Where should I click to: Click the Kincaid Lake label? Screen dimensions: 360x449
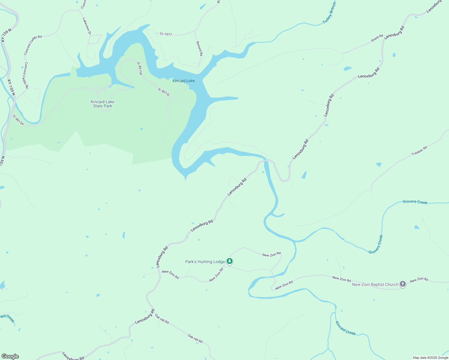pyautogui.click(x=183, y=81)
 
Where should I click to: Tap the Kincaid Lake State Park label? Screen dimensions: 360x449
pyautogui.click(x=103, y=104)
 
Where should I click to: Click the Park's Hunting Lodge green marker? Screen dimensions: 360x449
pyautogui.click(x=230, y=261)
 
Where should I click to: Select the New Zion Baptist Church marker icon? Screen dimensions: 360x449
pyautogui.click(x=403, y=284)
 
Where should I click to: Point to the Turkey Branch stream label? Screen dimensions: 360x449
pyautogui.click(x=329, y=13)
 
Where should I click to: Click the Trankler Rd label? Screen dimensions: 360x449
pyautogui.click(x=419, y=151)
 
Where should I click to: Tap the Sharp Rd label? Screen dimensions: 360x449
pyautogui.click(x=377, y=38)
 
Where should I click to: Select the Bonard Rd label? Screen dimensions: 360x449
pyautogui.click(x=199, y=49)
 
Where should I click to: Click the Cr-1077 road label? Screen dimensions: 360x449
pyautogui.click(x=166, y=34)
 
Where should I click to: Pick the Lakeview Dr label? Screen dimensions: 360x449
pyautogui.click(x=86, y=26)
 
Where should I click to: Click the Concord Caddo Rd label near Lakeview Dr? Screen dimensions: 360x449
pyautogui.click(x=33, y=45)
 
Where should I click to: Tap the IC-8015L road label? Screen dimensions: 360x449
pyautogui.click(x=164, y=92)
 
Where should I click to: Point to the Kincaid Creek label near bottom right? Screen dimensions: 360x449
pyautogui.click(x=345, y=328)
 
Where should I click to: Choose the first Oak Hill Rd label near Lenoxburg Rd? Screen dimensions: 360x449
pyautogui.click(x=162, y=319)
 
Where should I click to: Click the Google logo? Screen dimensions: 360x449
pyautogui.click(x=10, y=356)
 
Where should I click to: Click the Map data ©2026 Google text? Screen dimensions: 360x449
pyautogui.click(x=430, y=358)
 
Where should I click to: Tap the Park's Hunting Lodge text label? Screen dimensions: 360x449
pyautogui.click(x=205, y=262)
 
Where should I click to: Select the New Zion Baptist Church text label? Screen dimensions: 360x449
pyautogui.click(x=375, y=284)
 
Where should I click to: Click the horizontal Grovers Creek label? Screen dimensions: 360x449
pyautogui.click(x=415, y=202)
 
